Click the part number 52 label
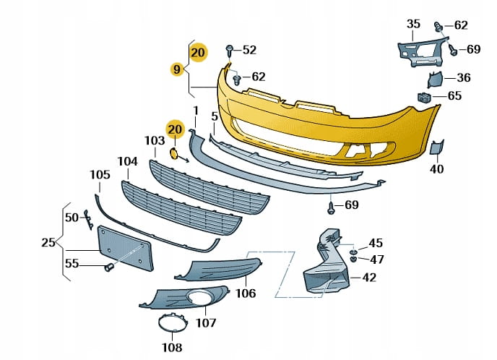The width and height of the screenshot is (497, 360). [249, 50]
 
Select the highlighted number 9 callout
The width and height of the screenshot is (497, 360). [177, 69]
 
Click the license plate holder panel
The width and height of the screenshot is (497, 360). [126, 248]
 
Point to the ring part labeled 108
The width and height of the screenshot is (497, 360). [173, 322]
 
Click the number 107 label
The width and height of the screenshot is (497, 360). [206, 323]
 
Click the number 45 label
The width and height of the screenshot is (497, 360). [376, 243]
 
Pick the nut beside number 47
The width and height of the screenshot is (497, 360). [353, 260]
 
